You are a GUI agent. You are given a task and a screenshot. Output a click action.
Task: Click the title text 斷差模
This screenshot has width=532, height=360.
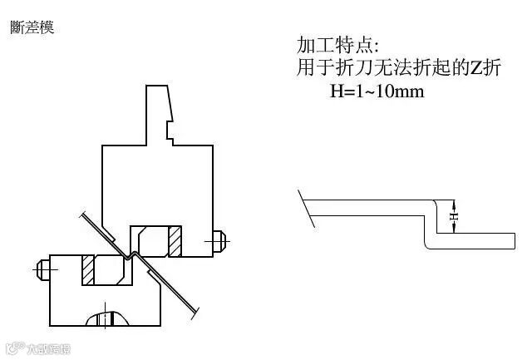coord(32,27)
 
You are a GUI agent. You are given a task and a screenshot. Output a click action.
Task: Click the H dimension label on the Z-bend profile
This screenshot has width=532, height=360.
coord(454,216)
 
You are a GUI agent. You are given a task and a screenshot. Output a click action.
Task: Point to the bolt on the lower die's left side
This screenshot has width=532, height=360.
coord(42,269)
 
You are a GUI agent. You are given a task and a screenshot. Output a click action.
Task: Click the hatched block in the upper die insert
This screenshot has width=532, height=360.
coord(175,241)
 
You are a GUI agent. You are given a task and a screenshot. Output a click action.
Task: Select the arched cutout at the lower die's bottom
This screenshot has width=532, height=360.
coord(106,318)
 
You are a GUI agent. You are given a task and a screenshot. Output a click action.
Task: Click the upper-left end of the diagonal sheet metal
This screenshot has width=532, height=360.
coord(83,215)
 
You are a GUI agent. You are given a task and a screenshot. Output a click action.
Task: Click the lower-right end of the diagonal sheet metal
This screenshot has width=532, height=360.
coord(196,313)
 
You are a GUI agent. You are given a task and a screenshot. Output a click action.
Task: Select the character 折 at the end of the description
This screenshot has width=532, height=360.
coord(493,68)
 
